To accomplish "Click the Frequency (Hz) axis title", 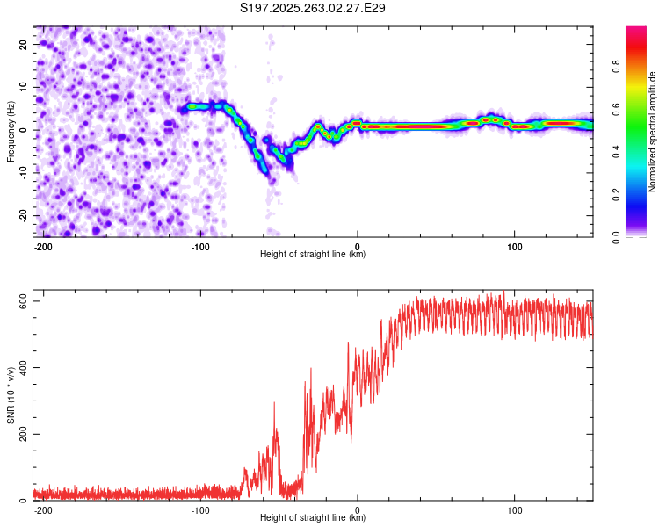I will (11, 132).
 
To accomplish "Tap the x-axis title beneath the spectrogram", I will (313, 255).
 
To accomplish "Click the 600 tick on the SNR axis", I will (20, 301).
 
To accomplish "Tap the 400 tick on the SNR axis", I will (20, 368).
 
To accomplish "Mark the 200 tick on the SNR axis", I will (20, 435).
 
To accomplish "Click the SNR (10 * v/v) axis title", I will (11, 395).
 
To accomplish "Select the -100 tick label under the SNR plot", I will (199, 510).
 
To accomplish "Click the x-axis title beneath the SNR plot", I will (313, 518).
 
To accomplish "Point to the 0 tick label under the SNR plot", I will (358, 510).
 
